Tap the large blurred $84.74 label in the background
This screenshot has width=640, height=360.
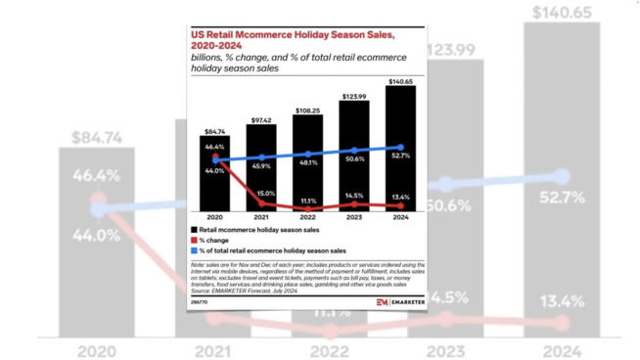tap(96, 136)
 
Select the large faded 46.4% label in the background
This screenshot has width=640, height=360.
tap(96, 176)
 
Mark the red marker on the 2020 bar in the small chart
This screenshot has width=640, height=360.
tap(215, 155)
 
